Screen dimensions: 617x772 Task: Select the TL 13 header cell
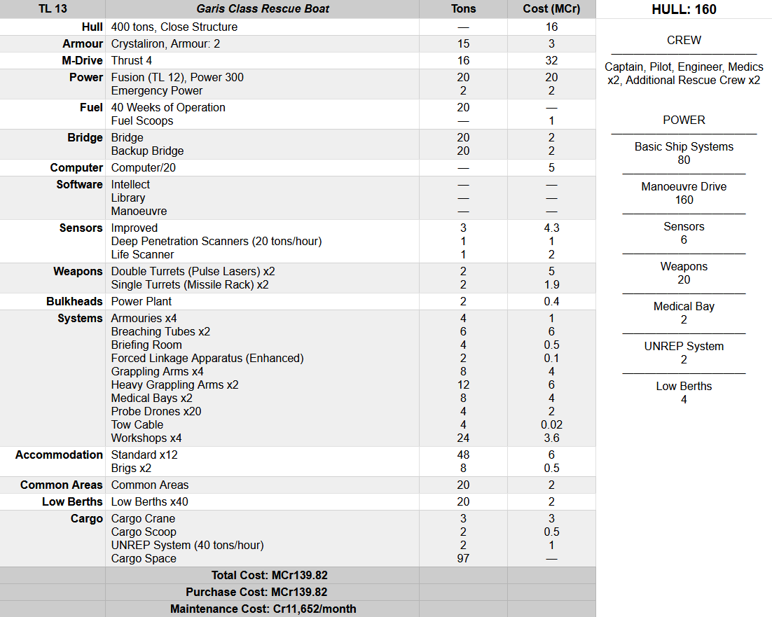(53, 9)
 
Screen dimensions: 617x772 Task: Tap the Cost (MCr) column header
(551, 9)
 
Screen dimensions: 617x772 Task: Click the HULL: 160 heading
(684, 10)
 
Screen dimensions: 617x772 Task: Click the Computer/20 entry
(142, 167)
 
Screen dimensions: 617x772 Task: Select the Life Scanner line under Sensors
(142, 254)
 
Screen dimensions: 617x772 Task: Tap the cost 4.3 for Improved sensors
(551, 228)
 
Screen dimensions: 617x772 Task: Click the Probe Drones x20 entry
(156, 411)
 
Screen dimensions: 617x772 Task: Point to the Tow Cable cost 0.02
(551, 424)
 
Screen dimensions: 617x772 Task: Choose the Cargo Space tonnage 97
(463, 558)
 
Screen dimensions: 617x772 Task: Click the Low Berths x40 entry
(149, 501)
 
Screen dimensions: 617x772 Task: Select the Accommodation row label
(60, 455)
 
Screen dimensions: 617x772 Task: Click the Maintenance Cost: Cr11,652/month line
(263, 609)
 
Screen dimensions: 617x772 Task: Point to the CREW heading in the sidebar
(684, 40)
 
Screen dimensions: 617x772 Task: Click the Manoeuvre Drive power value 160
(684, 200)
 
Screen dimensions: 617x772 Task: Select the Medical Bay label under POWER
(684, 306)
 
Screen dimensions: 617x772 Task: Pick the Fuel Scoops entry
(142, 120)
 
